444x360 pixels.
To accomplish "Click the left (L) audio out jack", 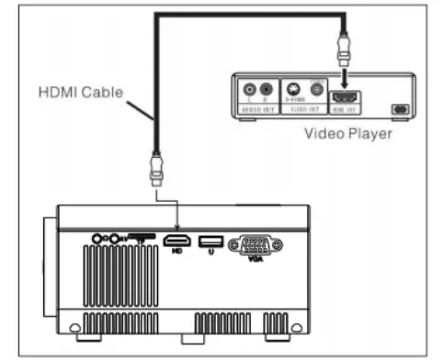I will point(248,90).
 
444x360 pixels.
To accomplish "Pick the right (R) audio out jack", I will point(266,90).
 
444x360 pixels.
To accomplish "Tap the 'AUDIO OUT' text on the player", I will point(257,107).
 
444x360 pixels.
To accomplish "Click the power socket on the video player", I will point(400,108).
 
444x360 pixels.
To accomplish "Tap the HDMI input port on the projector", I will point(175,242).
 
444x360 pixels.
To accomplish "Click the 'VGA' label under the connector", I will point(256,261).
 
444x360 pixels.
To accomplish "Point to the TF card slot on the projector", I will point(141,237).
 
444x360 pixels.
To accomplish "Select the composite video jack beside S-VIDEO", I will point(317,90).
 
